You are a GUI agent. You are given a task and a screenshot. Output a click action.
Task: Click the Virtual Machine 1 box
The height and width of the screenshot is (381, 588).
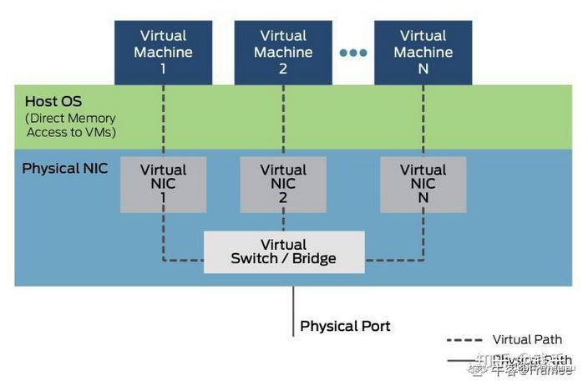(x=163, y=52)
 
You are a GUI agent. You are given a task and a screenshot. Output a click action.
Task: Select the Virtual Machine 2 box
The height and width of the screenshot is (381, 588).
(x=283, y=52)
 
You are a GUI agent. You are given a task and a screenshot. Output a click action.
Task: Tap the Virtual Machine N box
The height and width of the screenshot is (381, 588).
(x=423, y=52)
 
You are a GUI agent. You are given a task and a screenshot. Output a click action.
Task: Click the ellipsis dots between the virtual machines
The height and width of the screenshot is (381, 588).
(x=352, y=53)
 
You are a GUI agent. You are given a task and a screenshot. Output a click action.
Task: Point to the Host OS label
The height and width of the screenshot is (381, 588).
(x=53, y=101)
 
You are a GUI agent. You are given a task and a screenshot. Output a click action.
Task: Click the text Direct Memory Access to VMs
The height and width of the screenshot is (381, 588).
(x=70, y=125)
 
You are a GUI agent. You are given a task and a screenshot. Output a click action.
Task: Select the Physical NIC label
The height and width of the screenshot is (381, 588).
(x=65, y=169)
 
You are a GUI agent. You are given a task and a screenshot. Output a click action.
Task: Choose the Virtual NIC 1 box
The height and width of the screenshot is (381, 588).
(x=163, y=184)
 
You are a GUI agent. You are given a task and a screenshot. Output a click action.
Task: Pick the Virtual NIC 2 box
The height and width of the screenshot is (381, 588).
(x=283, y=184)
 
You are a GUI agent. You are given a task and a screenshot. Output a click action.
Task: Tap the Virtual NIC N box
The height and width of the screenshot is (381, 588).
(x=423, y=184)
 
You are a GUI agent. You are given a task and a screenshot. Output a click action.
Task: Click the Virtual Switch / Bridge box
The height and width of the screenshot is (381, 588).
(x=284, y=251)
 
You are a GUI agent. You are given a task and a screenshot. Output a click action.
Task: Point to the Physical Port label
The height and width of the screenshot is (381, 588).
(x=345, y=326)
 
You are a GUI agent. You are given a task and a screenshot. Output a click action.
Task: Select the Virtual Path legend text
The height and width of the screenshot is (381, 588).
(x=527, y=339)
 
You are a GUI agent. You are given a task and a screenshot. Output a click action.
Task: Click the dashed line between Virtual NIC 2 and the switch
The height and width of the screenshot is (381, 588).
(x=283, y=221)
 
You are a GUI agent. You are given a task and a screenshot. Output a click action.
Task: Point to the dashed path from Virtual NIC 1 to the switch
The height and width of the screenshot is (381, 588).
(x=164, y=242)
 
